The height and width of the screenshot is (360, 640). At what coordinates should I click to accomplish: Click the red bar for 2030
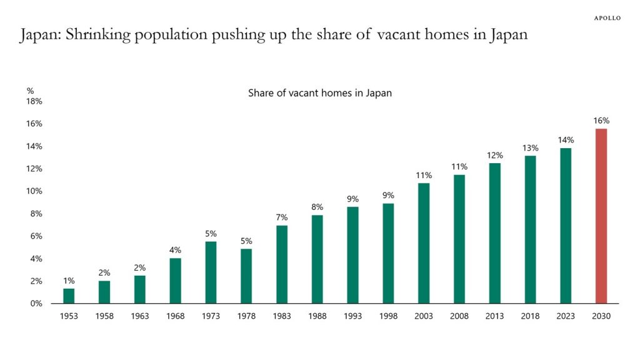(x=601, y=216)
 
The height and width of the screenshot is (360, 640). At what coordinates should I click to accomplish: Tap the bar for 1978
(x=246, y=276)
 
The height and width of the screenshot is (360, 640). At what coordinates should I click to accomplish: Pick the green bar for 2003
(x=424, y=243)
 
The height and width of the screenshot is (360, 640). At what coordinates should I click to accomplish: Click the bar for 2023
(x=566, y=226)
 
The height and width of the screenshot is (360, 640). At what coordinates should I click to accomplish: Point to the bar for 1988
(x=317, y=259)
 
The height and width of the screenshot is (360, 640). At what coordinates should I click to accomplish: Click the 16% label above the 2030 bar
(x=601, y=121)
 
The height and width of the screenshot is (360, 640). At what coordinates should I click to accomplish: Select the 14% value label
(x=566, y=140)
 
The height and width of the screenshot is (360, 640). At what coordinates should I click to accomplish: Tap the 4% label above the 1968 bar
(x=176, y=250)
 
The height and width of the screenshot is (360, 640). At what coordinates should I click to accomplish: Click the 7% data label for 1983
(x=282, y=217)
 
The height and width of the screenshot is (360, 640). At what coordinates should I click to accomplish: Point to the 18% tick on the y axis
(x=34, y=101)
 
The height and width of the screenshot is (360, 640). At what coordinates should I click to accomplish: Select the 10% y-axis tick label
(x=34, y=191)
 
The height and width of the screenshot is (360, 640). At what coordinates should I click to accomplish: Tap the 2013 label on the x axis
(x=494, y=316)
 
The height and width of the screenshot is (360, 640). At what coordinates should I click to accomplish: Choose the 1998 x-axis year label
(x=388, y=316)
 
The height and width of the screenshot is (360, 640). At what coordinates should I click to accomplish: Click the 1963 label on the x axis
(x=140, y=316)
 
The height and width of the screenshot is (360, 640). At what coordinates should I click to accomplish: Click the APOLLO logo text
(x=607, y=18)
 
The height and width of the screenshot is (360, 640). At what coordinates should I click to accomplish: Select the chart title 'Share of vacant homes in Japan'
(x=319, y=93)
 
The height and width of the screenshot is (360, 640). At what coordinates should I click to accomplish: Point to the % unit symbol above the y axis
(x=30, y=91)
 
